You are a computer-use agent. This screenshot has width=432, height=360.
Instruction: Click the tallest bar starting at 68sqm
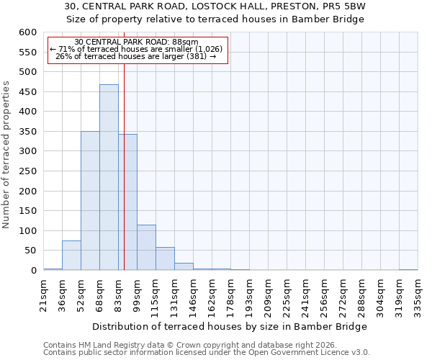tap(109, 177)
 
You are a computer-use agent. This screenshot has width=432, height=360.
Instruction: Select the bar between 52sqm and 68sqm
tap(90, 201)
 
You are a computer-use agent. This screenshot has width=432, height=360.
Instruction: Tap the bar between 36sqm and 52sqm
tap(71, 256)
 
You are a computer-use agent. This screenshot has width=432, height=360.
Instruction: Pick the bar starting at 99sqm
tap(146, 248)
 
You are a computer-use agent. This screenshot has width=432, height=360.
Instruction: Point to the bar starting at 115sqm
tap(165, 258)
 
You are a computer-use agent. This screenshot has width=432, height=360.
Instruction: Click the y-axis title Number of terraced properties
tap(6, 155)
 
